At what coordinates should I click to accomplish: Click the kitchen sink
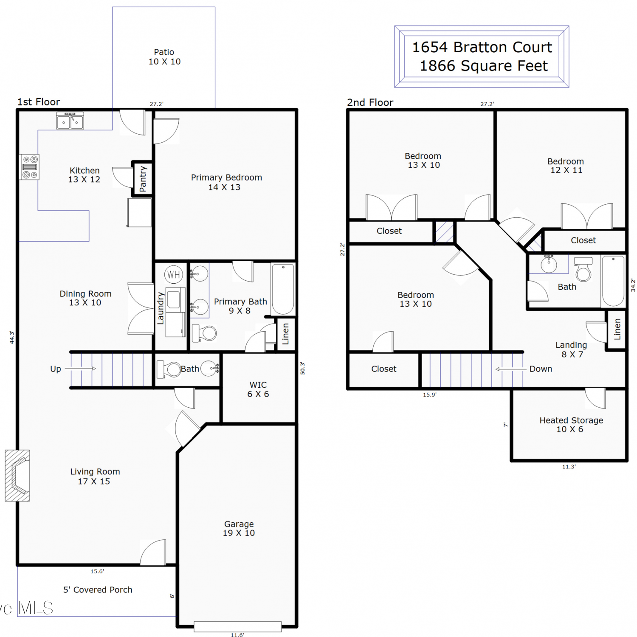click(x=70, y=121)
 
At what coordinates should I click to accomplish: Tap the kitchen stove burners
click(x=30, y=167)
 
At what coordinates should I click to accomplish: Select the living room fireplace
click(x=17, y=476)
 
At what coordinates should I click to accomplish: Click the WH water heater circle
click(x=173, y=275)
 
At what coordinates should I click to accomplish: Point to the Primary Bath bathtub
click(x=283, y=289)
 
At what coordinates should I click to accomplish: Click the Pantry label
click(x=143, y=179)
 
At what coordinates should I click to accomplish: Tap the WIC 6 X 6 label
click(x=258, y=389)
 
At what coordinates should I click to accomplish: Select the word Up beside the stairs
click(x=56, y=369)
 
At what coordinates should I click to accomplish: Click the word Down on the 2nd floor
click(x=541, y=369)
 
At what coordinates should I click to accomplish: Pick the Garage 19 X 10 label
click(x=239, y=528)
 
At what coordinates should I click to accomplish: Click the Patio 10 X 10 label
click(x=164, y=57)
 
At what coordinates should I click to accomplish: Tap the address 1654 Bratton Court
click(x=482, y=47)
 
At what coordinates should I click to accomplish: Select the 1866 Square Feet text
click(x=484, y=66)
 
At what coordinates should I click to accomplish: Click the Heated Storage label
click(x=571, y=420)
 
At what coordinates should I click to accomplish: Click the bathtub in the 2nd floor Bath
click(x=613, y=281)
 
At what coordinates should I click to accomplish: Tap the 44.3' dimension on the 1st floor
click(x=12, y=338)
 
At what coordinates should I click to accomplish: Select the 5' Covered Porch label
click(x=98, y=590)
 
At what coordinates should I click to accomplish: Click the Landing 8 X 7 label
click(x=572, y=350)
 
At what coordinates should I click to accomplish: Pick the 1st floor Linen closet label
click(x=285, y=334)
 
